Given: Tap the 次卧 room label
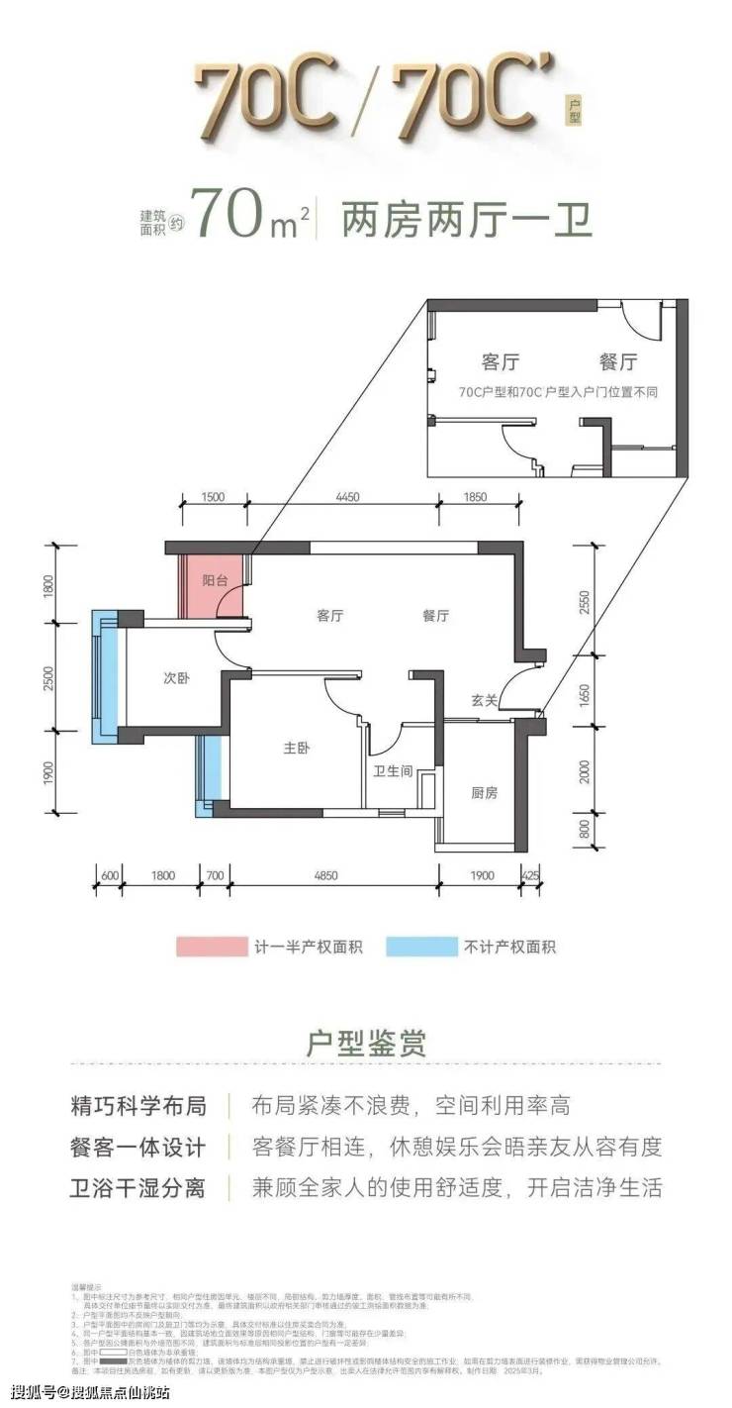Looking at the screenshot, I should tap(175, 679).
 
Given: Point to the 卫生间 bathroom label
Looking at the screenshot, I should tap(392, 771).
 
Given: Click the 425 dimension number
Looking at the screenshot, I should tap(529, 875).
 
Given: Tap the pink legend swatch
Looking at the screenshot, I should tap(210, 947).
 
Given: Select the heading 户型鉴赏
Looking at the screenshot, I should tap(365, 1043).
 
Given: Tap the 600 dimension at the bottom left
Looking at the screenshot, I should tap(110, 875).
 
